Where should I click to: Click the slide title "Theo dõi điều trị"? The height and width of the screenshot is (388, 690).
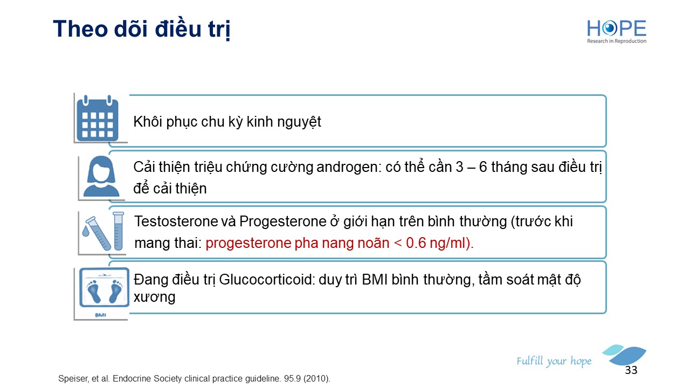[142, 30]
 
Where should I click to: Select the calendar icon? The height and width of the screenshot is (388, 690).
[98, 119]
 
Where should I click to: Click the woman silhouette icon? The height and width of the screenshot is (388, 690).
[101, 176]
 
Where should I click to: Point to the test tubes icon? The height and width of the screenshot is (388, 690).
[103, 231]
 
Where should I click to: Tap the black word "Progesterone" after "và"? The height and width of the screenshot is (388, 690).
[283, 221]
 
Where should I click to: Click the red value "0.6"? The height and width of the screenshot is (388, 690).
[416, 243]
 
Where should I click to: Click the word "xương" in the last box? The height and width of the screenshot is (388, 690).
[154, 297]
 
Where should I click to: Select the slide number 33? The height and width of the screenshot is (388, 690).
[631, 370]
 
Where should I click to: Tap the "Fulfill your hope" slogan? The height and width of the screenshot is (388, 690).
[554, 361]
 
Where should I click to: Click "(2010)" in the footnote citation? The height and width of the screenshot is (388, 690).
[316, 378]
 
